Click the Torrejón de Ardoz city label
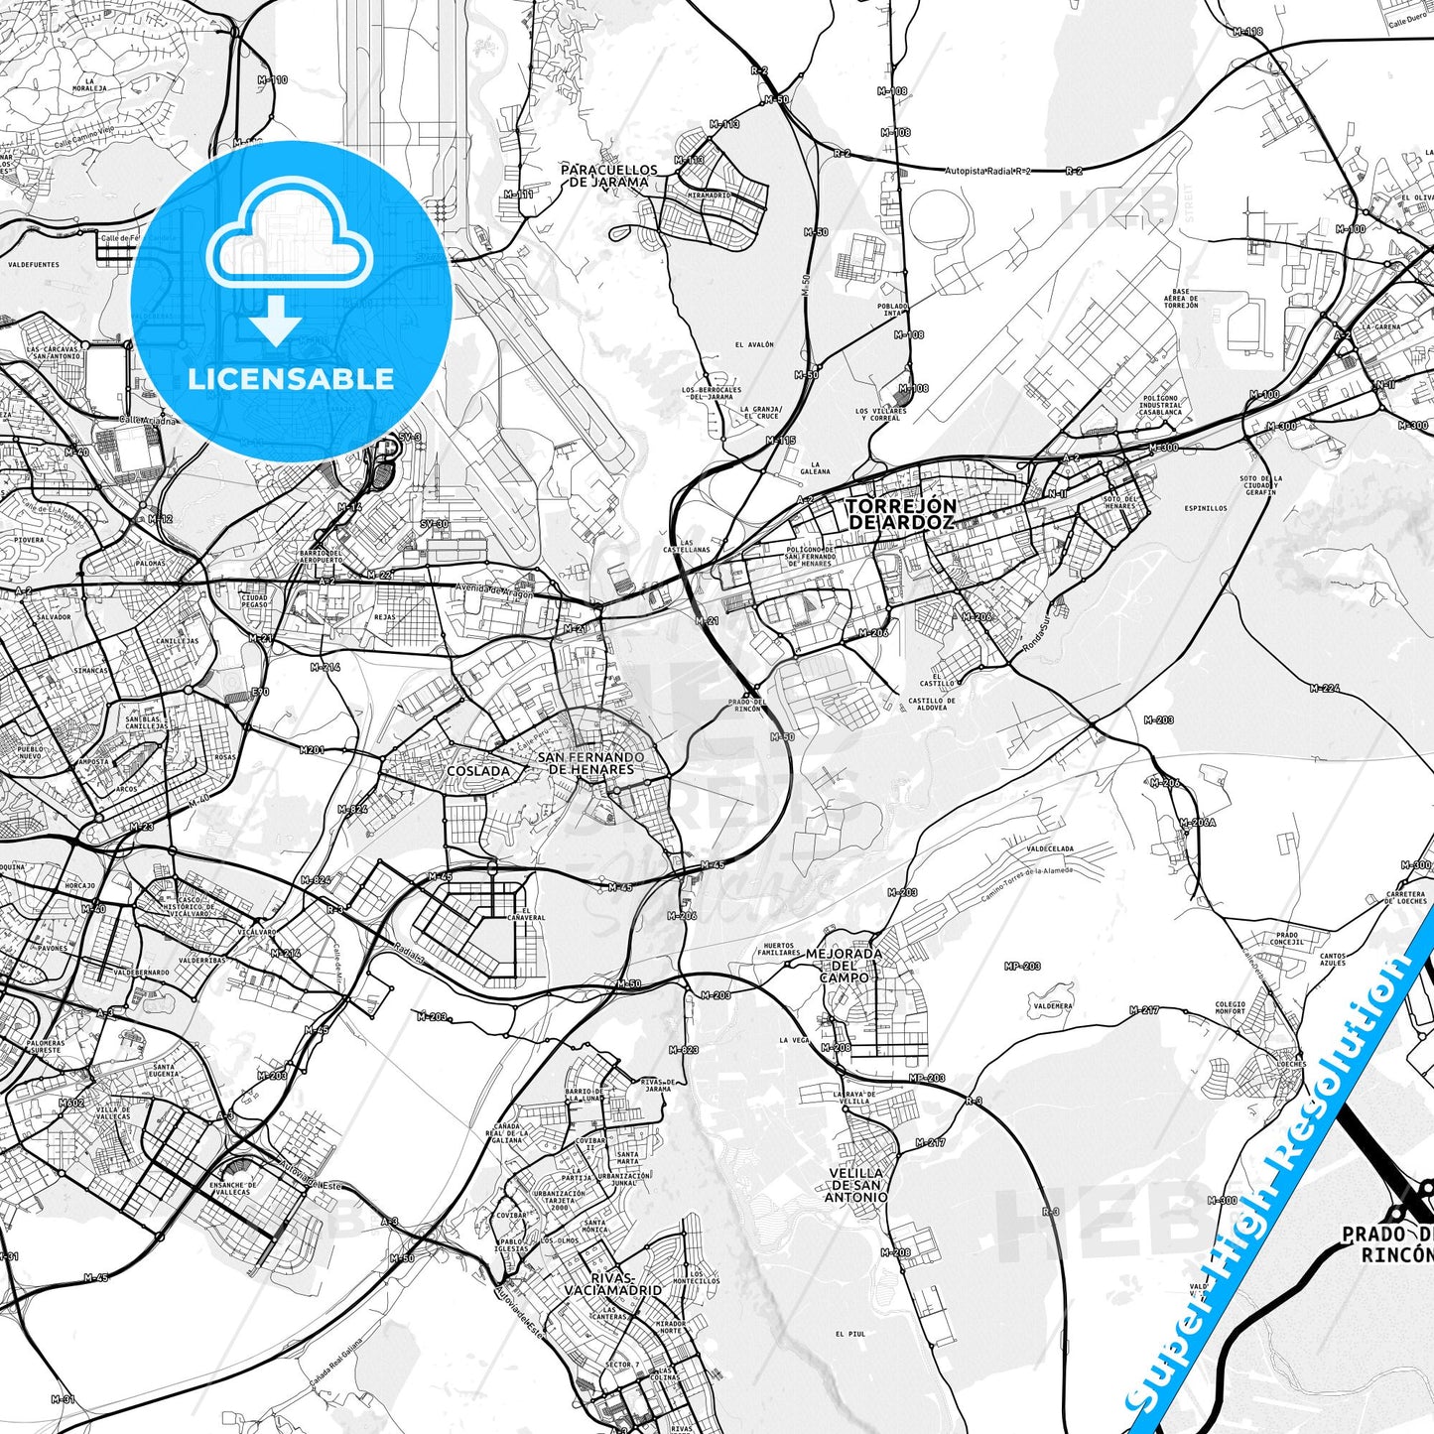900,514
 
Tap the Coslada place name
478,770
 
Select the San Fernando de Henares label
590,763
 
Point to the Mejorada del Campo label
844,965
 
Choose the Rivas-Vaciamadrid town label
612,1283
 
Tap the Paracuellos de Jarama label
608,176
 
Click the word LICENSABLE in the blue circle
291,379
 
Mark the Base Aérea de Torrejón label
1180,299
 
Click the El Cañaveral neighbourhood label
525,914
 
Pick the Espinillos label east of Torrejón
1205,508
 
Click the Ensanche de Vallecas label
233,1188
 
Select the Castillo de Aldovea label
932,705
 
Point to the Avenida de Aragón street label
494,590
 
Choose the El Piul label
850,1334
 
